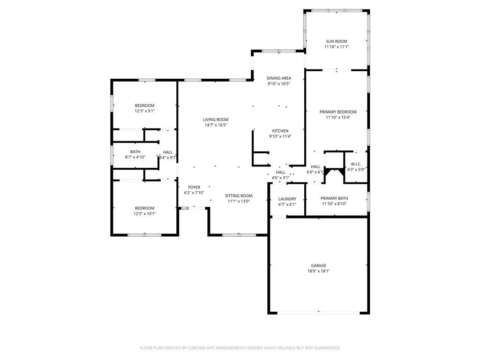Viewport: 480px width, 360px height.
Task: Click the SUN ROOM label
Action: (x=336, y=41)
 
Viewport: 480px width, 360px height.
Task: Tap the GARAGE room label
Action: (x=318, y=266)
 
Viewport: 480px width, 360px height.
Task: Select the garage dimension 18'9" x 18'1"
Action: (x=318, y=271)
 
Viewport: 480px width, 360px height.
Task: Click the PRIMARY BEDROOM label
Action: (x=338, y=112)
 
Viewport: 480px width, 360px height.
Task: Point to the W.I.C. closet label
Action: (x=356, y=164)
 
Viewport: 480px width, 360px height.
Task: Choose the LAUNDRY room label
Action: (x=287, y=199)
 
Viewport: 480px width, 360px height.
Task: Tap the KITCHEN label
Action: (x=280, y=131)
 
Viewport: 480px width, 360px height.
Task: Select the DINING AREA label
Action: (x=279, y=78)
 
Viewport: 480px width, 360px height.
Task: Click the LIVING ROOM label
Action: (x=216, y=120)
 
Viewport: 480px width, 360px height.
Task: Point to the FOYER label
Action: (x=194, y=187)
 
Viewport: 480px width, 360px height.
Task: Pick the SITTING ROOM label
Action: (x=239, y=196)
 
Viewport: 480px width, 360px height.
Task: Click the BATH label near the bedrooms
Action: (x=135, y=152)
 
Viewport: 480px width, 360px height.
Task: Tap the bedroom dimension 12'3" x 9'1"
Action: (x=144, y=111)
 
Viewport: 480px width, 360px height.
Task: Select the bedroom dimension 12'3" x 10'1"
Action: (x=144, y=214)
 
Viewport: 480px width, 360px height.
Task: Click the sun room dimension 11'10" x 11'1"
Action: (x=336, y=47)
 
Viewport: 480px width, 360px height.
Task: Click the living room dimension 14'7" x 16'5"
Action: (x=216, y=125)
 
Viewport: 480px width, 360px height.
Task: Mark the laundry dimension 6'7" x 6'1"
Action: (x=287, y=204)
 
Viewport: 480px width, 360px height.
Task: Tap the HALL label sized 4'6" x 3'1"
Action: (x=280, y=172)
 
